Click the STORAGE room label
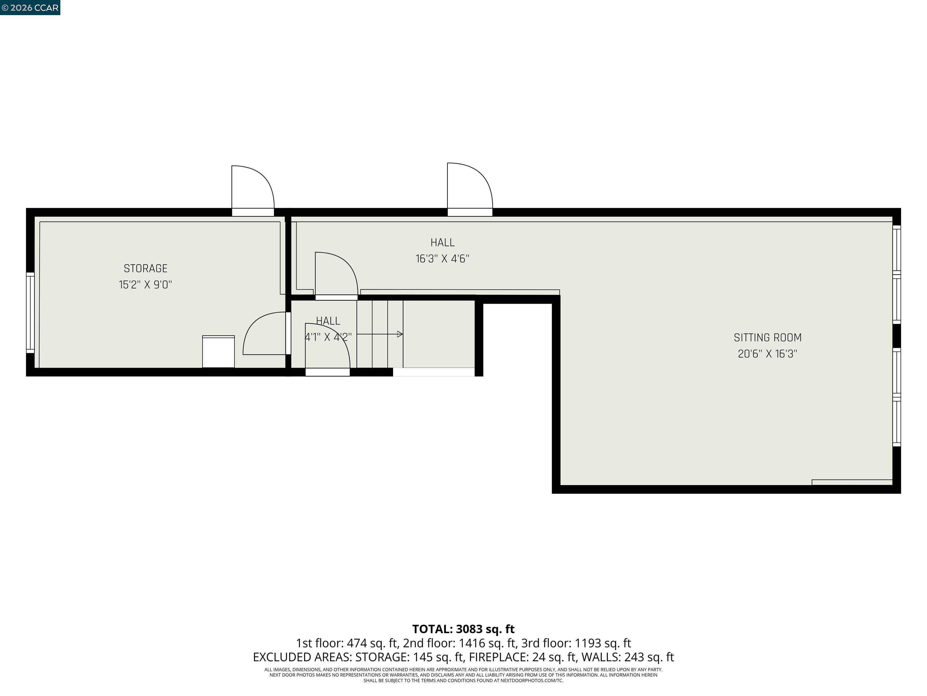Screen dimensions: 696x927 pos(145,269)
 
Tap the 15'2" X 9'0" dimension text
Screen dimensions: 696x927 pos(145,285)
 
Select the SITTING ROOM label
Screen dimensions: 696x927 pos(767,337)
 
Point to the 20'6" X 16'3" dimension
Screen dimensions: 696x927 pos(767,354)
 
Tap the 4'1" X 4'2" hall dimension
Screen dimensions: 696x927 pos(328,337)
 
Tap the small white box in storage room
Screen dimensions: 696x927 pos(218,352)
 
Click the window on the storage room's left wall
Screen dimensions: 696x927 pos(30,313)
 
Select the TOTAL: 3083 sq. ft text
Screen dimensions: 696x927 pos(463,629)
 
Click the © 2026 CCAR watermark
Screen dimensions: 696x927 pos(30,8)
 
